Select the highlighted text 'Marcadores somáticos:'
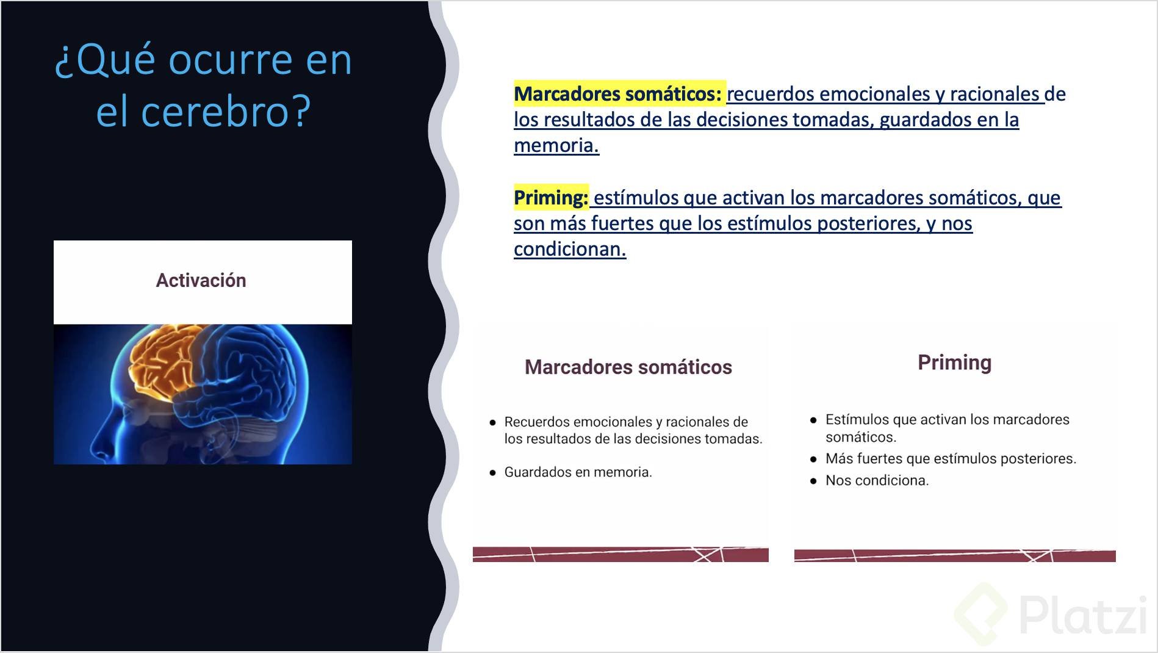pyautogui.click(x=617, y=94)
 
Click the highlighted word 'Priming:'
pyautogui.click(x=550, y=198)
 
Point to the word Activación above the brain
pyautogui.click(x=201, y=281)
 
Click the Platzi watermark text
pyautogui.click(x=1082, y=615)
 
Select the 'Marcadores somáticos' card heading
pyautogui.click(x=628, y=367)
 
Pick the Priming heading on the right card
pyautogui.click(x=954, y=363)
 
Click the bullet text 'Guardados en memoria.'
pyautogui.click(x=578, y=472)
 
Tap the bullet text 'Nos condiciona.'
pyautogui.click(x=877, y=481)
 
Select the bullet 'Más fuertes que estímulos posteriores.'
pyautogui.click(x=951, y=459)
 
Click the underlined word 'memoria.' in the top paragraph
pyautogui.click(x=556, y=146)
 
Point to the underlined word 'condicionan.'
pyautogui.click(x=569, y=250)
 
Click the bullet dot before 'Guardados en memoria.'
pyautogui.click(x=492, y=472)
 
